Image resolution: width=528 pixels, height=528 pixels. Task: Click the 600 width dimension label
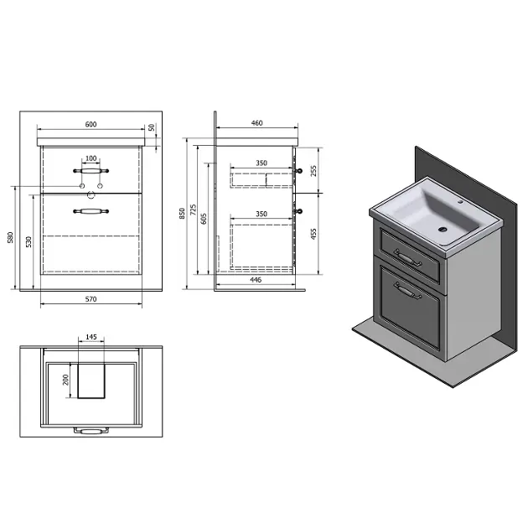point(91,124)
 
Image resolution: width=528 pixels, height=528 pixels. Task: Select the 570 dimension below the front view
point(91,299)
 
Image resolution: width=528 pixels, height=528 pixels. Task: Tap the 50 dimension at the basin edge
point(152,127)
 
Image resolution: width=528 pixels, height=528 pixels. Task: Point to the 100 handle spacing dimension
point(91,158)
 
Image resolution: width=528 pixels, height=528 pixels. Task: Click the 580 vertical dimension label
point(10,237)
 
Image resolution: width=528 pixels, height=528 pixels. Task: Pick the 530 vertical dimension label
point(28,241)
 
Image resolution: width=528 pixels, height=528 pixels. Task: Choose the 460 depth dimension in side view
point(257,123)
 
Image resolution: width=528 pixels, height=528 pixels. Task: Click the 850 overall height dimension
point(182,214)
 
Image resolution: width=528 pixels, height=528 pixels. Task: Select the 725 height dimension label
point(194,210)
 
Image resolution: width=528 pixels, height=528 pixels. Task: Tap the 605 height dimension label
point(204,219)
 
